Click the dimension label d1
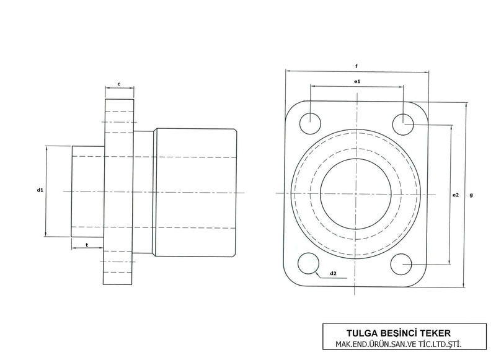click(x=40, y=190)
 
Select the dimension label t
click(x=86, y=245)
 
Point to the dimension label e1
click(x=357, y=81)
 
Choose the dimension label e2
click(x=456, y=195)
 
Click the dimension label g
click(x=472, y=195)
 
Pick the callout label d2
click(x=333, y=273)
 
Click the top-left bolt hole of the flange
click(x=309, y=123)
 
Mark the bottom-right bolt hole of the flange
click(x=403, y=265)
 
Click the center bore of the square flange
click(x=356, y=193)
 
